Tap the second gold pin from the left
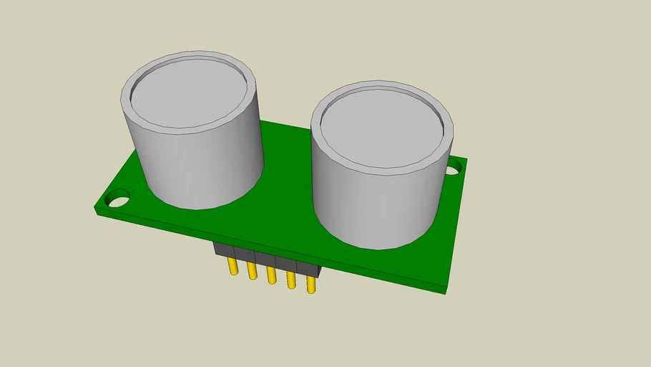pyautogui.click(x=252, y=271)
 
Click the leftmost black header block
pyautogui.click(x=225, y=250)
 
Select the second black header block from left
pyautogui.click(x=245, y=255)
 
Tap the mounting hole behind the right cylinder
pyautogui.click(x=454, y=169)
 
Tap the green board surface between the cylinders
pyautogui.click(x=286, y=179)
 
